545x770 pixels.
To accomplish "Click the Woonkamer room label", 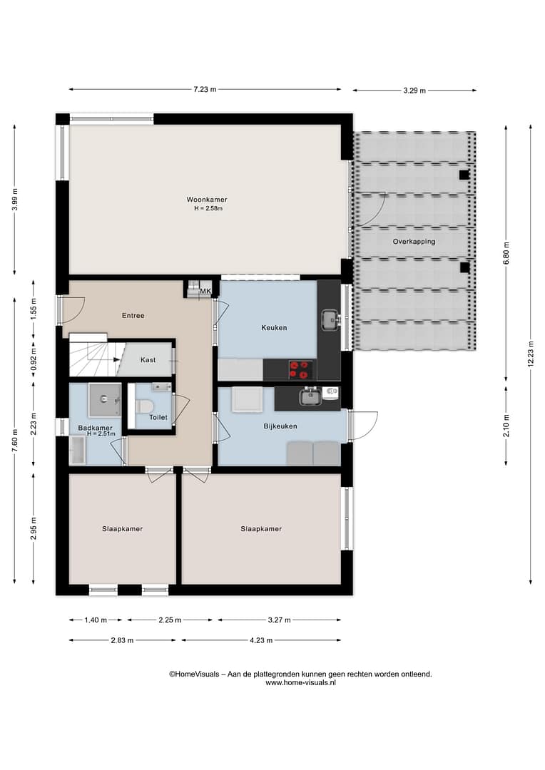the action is pos(206,200).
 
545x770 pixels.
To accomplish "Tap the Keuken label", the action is pos(274,327).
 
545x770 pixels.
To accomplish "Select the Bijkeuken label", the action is pos(280,426).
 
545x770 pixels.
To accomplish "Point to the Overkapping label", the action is pos(414,242).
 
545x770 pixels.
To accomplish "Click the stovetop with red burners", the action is pos(300,370).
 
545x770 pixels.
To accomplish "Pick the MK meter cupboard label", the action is pos(205,291).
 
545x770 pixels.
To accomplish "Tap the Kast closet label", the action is pos(148,360).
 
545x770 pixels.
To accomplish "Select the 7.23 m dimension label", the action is pos(205,89).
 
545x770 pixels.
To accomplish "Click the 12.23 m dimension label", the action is pos(530,354).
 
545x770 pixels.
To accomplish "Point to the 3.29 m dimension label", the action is pos(414,91).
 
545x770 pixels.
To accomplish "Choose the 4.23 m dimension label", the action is pos(261,640).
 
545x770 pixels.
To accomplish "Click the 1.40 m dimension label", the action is pos(96,620).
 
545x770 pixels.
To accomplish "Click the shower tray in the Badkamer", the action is pos(105,400).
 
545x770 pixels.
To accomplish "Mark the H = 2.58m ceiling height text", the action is pos(208,208).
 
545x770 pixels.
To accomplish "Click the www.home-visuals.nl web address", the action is pos(301,682).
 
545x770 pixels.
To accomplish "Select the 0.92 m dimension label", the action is pos(34,360).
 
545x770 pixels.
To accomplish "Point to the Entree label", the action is pos(133,316).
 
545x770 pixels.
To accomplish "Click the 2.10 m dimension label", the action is pos(506,426).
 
